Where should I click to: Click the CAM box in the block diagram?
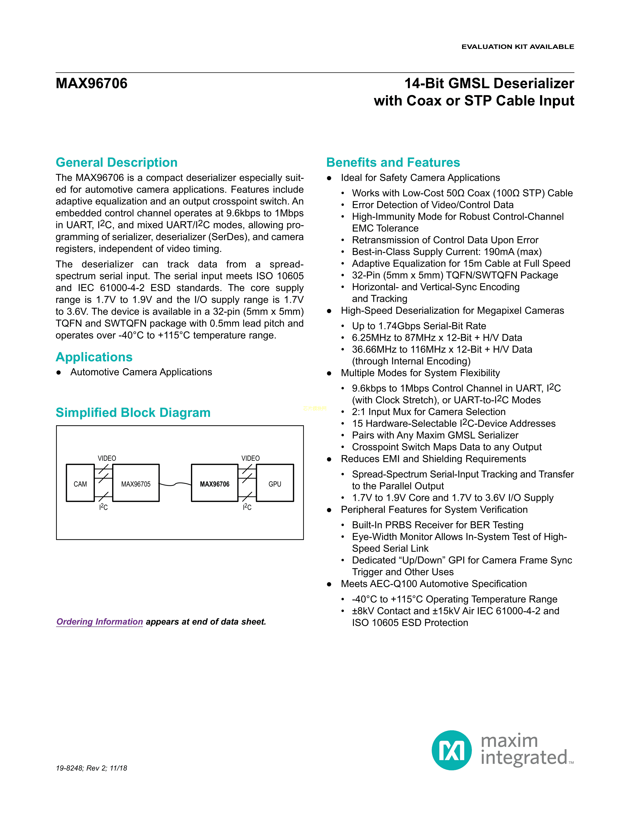[80, 483]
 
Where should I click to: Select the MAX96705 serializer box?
[136, 483]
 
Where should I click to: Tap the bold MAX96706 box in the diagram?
[215, 483]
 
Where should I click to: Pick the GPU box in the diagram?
[275, 483]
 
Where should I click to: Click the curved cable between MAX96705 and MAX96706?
[175, 484]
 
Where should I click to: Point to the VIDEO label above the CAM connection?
[107, 458]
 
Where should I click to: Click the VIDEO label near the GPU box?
[251, 458]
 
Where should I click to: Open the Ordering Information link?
[100, 622]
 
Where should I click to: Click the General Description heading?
[116, 162]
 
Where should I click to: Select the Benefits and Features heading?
[393, 162]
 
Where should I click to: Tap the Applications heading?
[94, 357]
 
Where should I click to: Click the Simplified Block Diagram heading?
[133, 412]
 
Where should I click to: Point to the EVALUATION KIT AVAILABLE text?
[518, 47]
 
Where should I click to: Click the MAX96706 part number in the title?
[91, 83]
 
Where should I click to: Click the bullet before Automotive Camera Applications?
[59, 372]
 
